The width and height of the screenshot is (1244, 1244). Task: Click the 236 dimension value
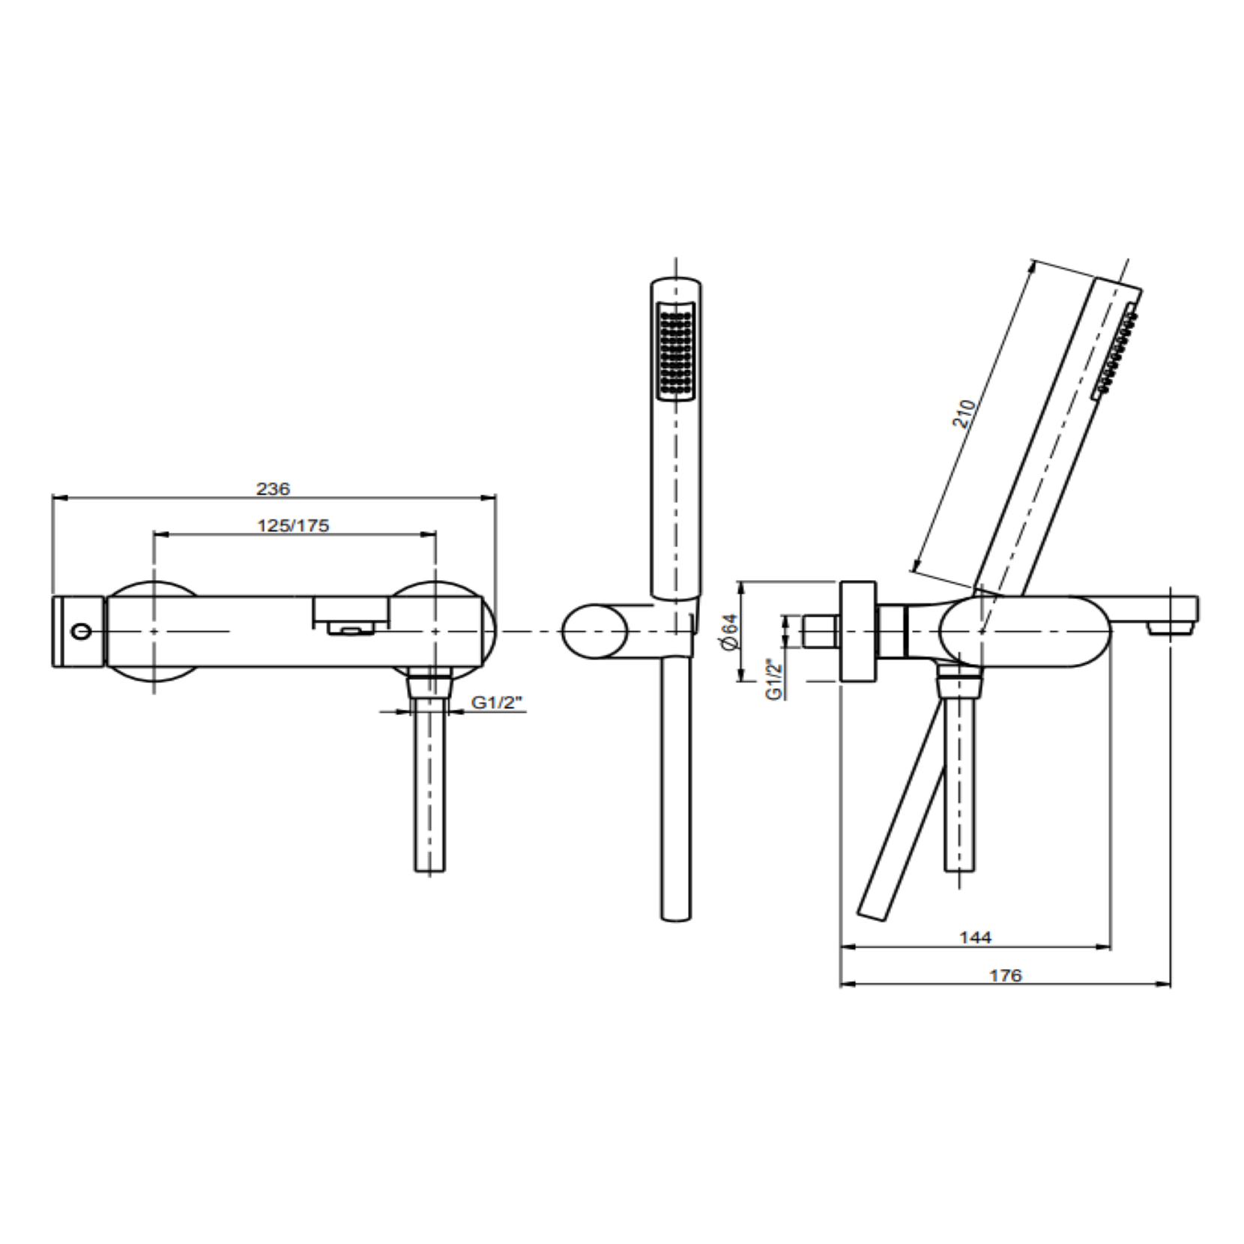click(x=273, y=489)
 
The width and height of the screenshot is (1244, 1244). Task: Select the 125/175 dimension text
click(x=293, y=525)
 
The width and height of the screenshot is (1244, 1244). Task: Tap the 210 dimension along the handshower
click(x=964, y=414)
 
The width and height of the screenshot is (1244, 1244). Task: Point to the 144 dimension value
click(x=975, y=937)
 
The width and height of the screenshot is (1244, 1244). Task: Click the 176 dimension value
click(x=1005, y=975)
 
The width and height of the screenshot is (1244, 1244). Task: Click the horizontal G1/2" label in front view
click(x=497, y=703)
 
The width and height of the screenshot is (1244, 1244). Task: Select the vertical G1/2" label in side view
click(x=775, y=678)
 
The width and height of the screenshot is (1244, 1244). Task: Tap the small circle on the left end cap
click(x=81, y=632)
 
